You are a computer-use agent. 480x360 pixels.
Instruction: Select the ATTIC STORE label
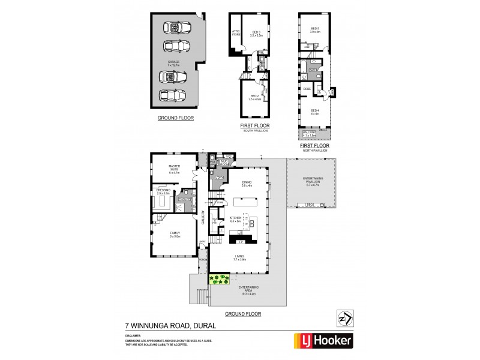click(x=236, y=34)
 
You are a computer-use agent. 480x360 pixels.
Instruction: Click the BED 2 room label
click(x=254, y=97)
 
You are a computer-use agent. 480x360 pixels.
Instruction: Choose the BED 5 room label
click(x=316, y=29)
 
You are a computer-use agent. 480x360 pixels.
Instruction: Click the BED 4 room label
click(x=315, y=112)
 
